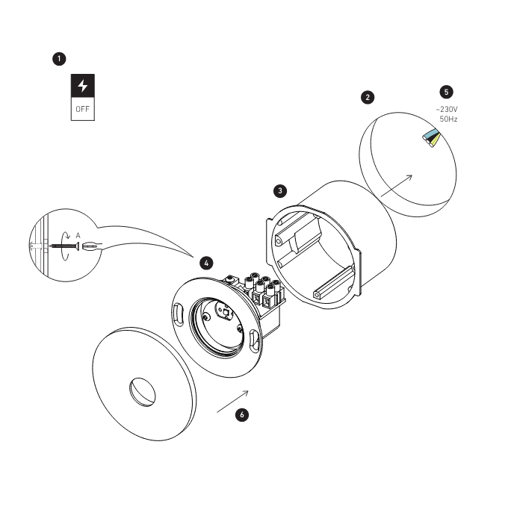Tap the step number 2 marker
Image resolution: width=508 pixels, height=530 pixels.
367,97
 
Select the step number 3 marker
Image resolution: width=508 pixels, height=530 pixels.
279,190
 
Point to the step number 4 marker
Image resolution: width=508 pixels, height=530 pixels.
206,263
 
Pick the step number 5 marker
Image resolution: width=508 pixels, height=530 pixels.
446,92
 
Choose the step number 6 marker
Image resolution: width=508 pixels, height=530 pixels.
241,414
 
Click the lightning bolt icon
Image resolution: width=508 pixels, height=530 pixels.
83,87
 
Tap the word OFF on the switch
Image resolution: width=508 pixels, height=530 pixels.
83,110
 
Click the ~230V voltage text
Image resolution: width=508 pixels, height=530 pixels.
447,109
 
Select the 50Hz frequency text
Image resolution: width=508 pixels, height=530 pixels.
448,119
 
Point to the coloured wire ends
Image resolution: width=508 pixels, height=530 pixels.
431,137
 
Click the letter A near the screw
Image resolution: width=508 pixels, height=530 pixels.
78,234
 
